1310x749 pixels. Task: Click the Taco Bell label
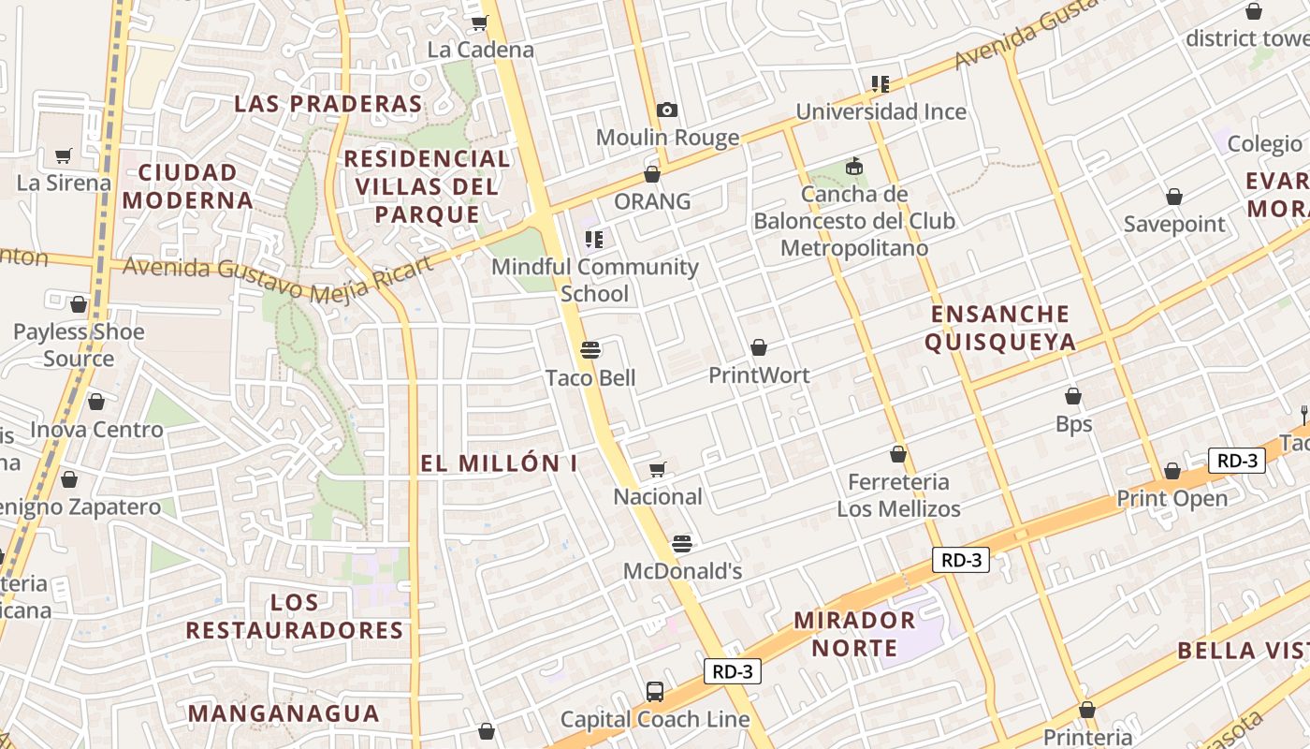pos(590,378)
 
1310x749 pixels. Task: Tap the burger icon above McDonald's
pos(682,544)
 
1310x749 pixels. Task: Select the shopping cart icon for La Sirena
pos(64,155)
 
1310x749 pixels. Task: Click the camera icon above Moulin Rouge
pos(667,110)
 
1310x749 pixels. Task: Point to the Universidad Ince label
pos(881,112)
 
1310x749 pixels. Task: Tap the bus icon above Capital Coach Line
pos(655,692)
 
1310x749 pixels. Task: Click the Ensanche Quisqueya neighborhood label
pos(1000,328)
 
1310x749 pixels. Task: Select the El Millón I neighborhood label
pos(499,463)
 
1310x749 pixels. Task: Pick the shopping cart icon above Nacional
pos(658,469)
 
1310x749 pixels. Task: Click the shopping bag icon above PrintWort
pos(759,348)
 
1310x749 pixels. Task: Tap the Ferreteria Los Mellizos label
pos(898,495)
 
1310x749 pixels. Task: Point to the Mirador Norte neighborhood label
pos(854,633)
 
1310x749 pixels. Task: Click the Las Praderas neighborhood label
pos(327,103)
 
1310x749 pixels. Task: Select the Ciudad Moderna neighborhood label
pos(187,185)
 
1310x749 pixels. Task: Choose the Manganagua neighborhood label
pos(284,713)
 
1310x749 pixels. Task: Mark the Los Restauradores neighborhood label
pos(294,615)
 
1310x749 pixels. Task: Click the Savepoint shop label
pos(1174,224)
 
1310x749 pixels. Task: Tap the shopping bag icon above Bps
pos(1073,397)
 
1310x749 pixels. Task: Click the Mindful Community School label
pos(594,280)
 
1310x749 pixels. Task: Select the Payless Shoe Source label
pos(79,345)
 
